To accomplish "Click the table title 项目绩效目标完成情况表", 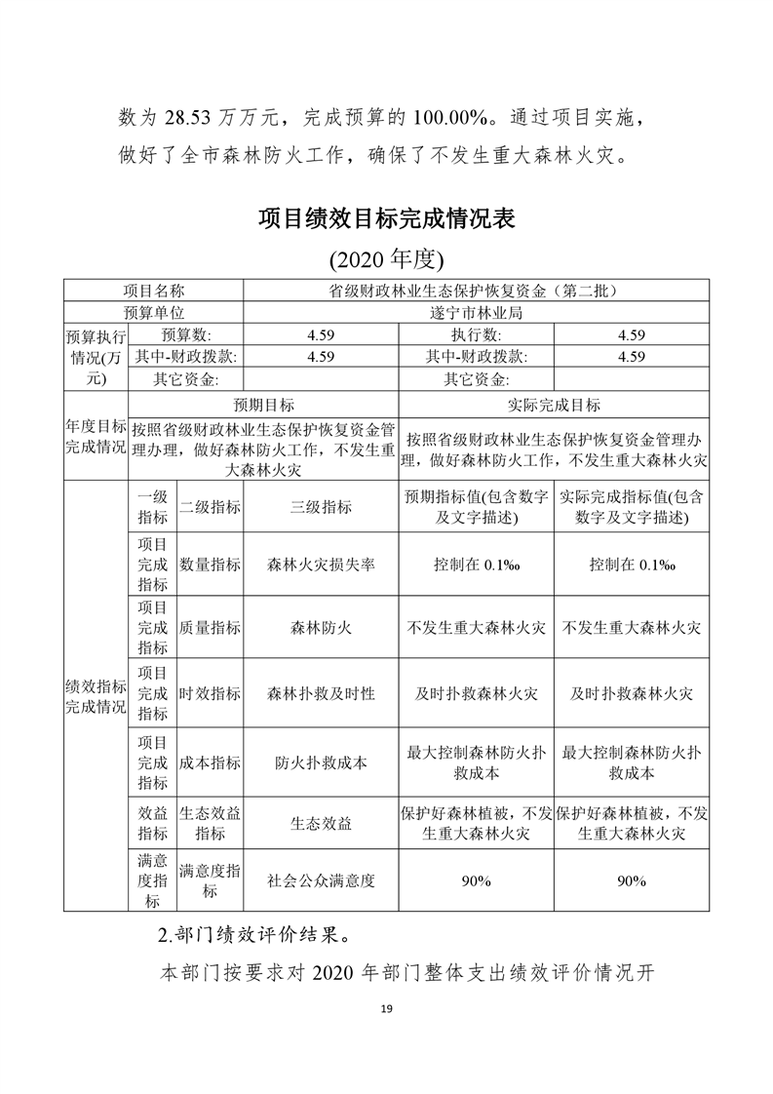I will click(386, 217).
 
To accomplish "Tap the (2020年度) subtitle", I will click(386, 259).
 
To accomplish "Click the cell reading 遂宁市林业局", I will click(476, 312).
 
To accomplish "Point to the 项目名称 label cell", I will click(153, 291).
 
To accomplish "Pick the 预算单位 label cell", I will click(153, 312).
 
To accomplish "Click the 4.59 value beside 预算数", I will click(321, 334).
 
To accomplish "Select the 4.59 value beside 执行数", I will click(631, 334).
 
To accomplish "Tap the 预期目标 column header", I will click(263, 405).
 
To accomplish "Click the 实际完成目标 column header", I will click(554, 405).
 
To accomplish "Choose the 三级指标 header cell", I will click(321, 507).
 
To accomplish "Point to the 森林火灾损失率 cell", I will click(321, 565).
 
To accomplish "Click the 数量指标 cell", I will click(210, 565).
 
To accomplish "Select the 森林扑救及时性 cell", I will click(321, 693).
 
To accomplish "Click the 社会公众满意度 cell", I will click(321, 879).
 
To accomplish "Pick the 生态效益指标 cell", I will click(210, 823).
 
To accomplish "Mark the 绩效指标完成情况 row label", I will click(96, 696).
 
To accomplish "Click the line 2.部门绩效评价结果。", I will click(254, 934).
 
